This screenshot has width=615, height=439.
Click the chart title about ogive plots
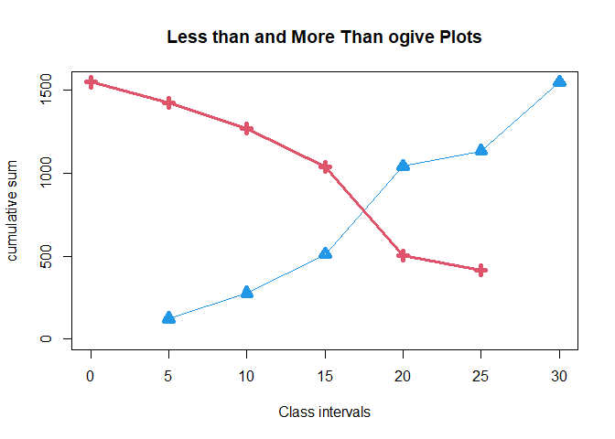pos(324,37)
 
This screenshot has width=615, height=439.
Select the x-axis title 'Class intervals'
pos(324,412)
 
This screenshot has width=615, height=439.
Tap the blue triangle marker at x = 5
pos(168,317)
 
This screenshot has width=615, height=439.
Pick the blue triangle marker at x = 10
pos(246,292)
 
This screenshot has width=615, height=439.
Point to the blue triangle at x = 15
pos(325,253)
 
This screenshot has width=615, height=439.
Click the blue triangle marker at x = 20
pos(403,166)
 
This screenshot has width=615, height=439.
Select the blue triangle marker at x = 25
pos(481,150)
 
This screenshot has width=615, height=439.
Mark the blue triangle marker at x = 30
pos(559,81)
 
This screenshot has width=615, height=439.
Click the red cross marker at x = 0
pos(91,81)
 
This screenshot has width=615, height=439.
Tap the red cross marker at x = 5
pos(168,102)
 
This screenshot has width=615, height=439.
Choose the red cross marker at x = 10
pos(246,128)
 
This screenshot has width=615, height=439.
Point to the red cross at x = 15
pos(325,166)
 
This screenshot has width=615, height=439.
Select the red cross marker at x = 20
pos(403,255)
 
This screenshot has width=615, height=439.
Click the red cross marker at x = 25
pos(481,270)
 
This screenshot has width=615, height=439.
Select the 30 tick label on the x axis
pos(559,376)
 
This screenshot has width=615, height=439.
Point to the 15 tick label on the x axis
pos(325,376)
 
